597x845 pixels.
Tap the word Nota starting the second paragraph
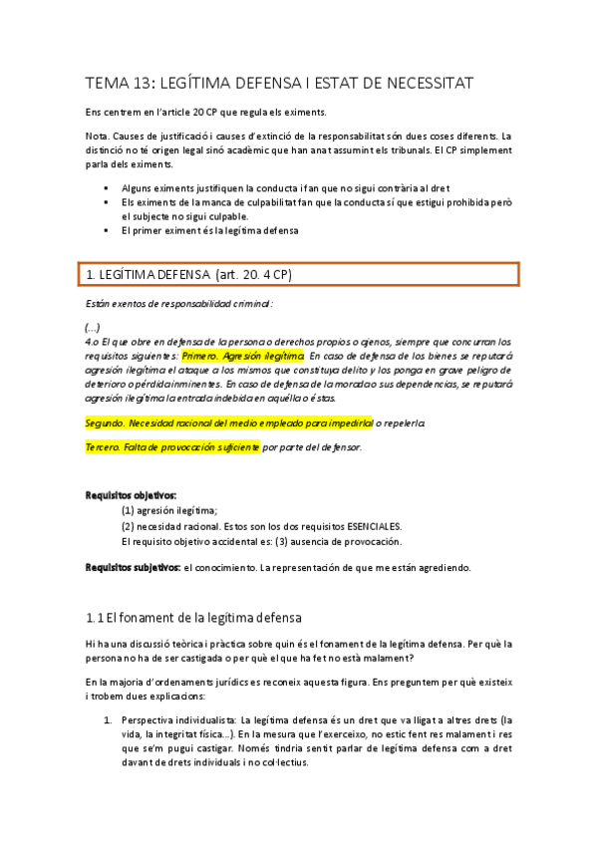(x=98, y=137)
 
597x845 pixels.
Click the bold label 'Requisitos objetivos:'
(x=131, y=494)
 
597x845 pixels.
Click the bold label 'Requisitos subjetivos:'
(x=133, y=567)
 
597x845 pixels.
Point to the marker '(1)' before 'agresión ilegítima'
(x=128, y=510)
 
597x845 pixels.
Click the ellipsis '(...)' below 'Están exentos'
(x=93, y=326)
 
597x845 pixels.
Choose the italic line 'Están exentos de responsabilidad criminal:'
(x=179, y=303)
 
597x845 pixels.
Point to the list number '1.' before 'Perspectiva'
(x=109, y=719)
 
